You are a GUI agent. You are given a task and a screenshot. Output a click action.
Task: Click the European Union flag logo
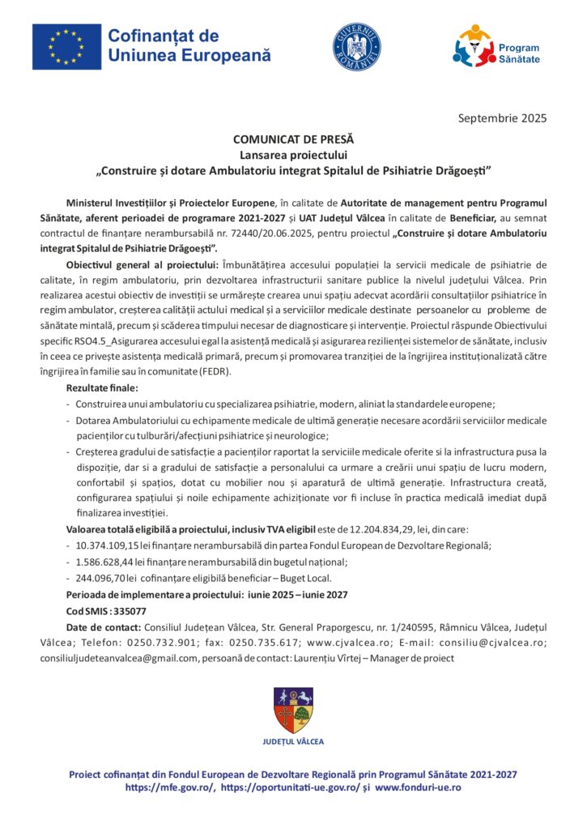[66, 46]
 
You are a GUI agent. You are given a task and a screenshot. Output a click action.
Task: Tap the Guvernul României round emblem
[357, 45]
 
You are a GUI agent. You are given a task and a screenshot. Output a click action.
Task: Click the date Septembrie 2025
[502, 118]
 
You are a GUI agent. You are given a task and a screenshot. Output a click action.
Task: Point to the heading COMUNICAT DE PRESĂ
[293, 140]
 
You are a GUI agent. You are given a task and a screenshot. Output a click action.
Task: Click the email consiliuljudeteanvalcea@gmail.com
[120, 658]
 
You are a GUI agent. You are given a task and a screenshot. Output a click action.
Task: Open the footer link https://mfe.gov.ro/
[170, 787]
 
